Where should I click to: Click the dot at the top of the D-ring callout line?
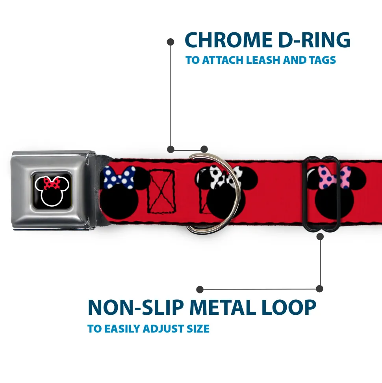click(x=171, y=41)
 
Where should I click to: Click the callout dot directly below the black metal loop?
click(x=320, y=237)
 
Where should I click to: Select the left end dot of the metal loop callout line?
click(x=200, y=290)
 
